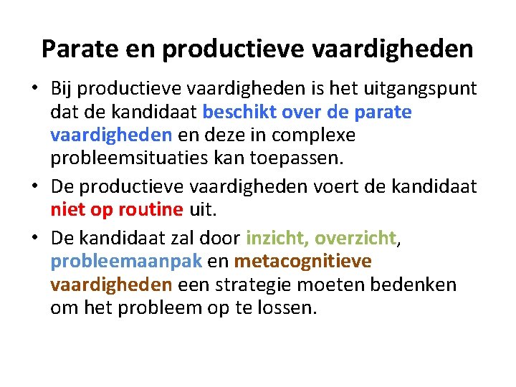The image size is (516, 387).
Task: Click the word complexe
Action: tap(316, 135)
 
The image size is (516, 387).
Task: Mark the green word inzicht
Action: tap(276, 238)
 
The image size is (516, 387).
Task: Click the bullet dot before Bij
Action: tap(34, 89)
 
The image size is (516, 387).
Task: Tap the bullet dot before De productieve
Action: tap(34, 187)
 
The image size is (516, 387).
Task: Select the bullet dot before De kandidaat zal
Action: tap(34, 239)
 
